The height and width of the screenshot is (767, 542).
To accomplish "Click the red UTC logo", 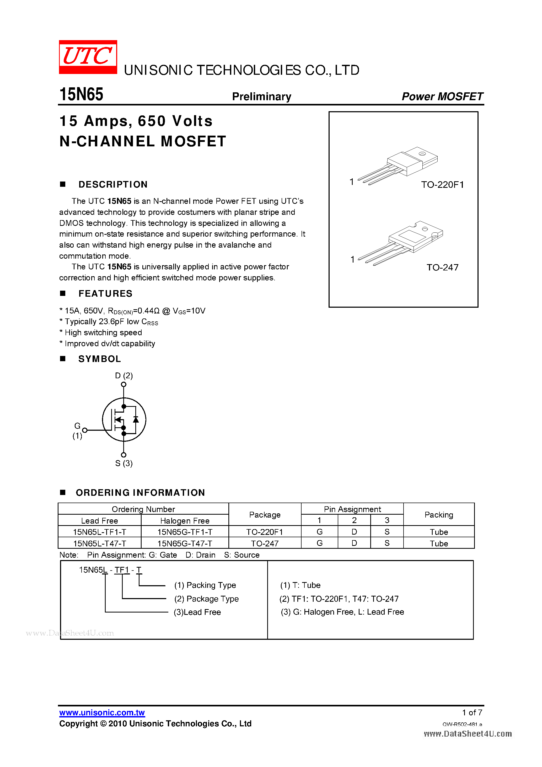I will [x=88, y=57].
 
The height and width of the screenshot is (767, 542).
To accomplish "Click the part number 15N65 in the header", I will [x=81, y=94].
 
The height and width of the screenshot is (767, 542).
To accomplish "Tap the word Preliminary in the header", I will [x=261, y=97].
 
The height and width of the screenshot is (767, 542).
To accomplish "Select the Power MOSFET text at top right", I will [x=442, y=97].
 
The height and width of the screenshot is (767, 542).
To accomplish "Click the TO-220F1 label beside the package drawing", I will [x=442, y=185].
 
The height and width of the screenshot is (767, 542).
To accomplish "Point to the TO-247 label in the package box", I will [x=442, y=267].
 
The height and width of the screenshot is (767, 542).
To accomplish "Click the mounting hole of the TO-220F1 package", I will [x=422, y=154].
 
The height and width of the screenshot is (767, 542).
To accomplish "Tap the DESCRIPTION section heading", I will [x=113, y=184].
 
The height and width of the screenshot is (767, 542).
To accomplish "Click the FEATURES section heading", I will [x=105, y=294].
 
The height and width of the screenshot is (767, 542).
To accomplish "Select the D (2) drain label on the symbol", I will [x=124, y=375].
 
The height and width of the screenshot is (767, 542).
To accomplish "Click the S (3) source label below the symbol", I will [x=124, y=463].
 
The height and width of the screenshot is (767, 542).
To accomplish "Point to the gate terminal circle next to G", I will [x=85, y=430].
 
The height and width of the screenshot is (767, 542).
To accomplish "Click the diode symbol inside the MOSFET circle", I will [x=136, y=420].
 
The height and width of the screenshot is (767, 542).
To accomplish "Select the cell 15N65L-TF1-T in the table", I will [x=100, y=532].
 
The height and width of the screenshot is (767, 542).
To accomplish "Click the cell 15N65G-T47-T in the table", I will [x=185, y=544].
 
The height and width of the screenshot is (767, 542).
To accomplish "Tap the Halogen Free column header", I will [x=185, y=521].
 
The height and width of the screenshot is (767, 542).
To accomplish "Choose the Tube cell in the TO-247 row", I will [x=438, y=544].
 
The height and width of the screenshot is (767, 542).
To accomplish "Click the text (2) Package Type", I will [x=206, y=599].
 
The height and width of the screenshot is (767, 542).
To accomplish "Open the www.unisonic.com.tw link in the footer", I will [x=102, y=712].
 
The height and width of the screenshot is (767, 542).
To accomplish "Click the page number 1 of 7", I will [x=472, y=712].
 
